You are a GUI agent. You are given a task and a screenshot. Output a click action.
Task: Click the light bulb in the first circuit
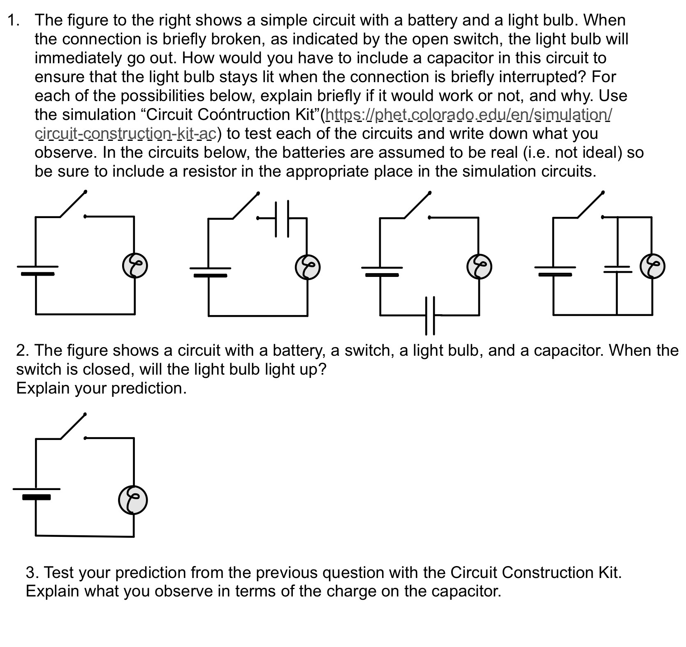135,266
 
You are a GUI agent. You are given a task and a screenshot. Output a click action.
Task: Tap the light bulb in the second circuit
308,267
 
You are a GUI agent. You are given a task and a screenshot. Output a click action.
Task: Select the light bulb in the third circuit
479,266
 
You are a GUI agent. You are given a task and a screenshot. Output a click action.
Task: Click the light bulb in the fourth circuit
652,266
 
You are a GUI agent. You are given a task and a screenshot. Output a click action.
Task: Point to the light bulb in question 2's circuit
133,500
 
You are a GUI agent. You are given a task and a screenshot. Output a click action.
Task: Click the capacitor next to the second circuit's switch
282,219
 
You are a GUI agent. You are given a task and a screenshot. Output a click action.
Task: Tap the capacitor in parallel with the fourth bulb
617,269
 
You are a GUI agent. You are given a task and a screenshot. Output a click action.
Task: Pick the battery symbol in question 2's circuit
36,493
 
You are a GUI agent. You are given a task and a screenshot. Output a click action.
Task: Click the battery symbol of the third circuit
381,271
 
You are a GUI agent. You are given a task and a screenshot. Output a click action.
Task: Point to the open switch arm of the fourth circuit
591,205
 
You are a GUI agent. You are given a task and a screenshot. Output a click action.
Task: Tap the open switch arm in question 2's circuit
73,426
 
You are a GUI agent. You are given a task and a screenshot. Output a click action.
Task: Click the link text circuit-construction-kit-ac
126,134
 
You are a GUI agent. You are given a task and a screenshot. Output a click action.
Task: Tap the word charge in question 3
351,591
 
